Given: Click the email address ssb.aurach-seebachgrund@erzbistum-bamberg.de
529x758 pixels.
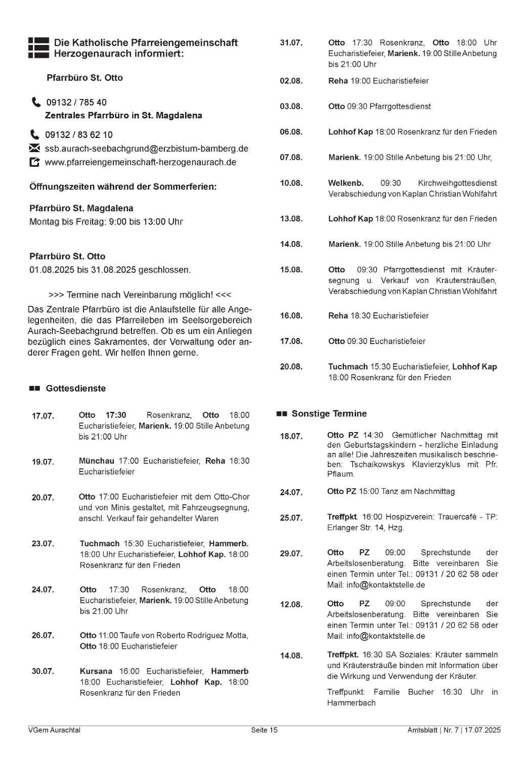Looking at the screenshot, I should coord(146,149).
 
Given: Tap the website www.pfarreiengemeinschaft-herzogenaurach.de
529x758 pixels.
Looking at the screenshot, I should coord(140,162).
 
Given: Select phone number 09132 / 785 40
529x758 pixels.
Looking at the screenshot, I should coord(76,103).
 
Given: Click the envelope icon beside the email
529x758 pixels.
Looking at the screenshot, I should coord(34,149).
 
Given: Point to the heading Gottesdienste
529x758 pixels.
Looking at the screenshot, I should coord(76,389).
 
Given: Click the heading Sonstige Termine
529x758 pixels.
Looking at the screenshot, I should coord(329,414).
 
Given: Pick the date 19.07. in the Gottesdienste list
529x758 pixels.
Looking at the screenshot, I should coord(43,462).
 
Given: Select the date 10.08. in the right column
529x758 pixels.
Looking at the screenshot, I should coord(291,183).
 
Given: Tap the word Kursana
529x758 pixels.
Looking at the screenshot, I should coord(96,672).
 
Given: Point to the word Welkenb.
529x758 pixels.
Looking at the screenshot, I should coord(345,183).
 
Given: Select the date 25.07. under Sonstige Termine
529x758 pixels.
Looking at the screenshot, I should coord(291,518).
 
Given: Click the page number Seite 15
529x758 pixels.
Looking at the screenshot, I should coord(264,730).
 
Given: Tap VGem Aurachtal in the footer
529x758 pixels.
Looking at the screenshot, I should coord(54,730).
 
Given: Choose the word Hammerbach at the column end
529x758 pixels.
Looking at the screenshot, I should coord(351,703).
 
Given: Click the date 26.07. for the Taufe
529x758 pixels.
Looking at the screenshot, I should coord(43,636).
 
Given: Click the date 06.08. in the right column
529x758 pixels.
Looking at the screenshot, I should coord(291,132).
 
